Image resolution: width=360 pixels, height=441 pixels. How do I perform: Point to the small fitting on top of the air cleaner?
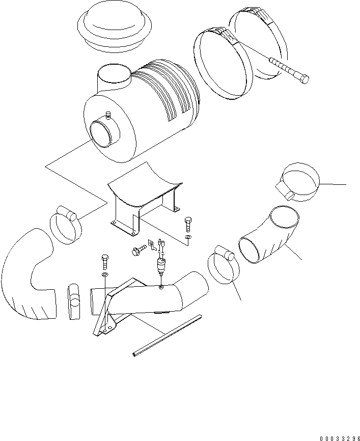[x=107, y=115]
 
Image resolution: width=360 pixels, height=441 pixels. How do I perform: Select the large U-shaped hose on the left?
[x=28, y=275]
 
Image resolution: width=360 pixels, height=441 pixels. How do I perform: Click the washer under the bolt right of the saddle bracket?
[x=188, y=237]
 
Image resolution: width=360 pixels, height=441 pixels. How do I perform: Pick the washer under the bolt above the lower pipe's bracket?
[x=104, y=274]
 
